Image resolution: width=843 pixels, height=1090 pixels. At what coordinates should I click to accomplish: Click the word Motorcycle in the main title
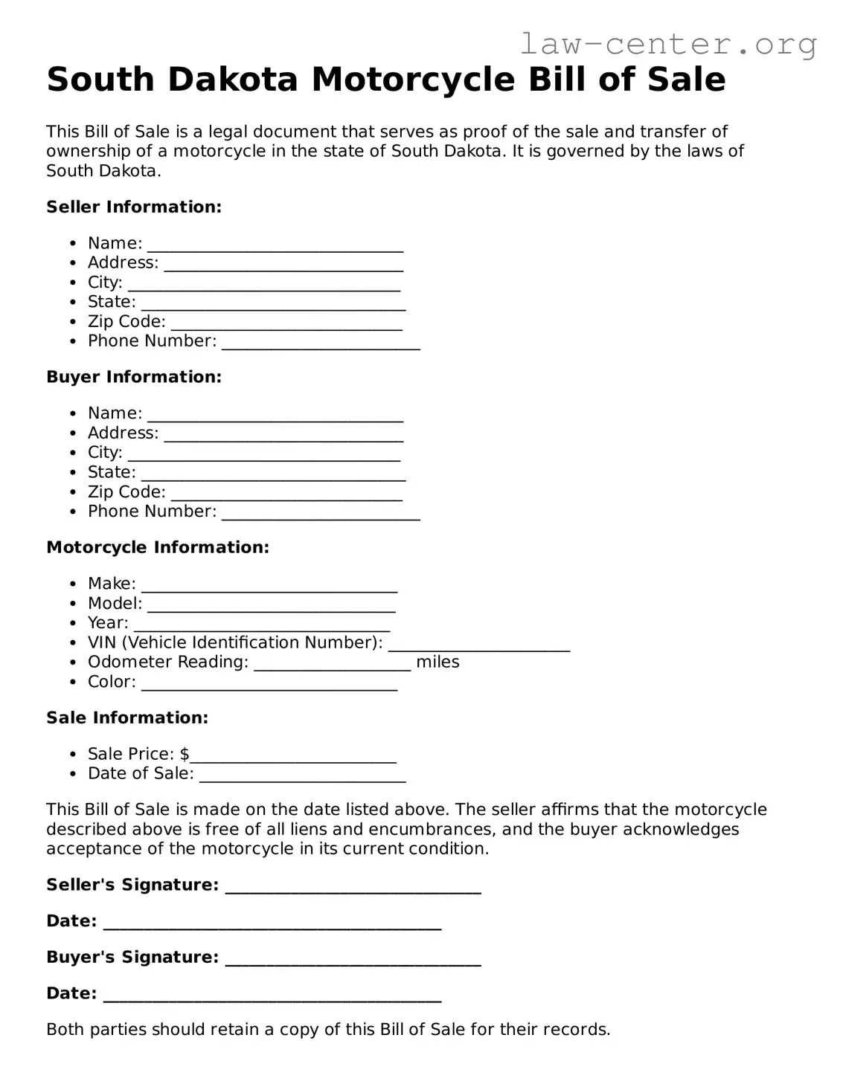(x=413, y=80)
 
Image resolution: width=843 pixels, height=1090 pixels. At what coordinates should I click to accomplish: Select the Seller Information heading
(x=134, y=207)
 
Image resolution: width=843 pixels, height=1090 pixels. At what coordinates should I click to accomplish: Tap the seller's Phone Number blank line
(x=321, y=344)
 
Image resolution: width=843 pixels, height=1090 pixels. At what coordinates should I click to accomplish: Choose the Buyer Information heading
(x=134, y=378)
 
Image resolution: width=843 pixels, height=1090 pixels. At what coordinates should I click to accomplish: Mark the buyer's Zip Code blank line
(x=286, y=495)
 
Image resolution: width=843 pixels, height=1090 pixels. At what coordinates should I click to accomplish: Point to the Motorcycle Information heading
(x=158, y=548)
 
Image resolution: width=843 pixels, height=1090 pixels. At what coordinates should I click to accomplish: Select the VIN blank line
(x=479, y=646)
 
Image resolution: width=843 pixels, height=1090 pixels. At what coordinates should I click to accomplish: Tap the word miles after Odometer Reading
(x=437, y=662)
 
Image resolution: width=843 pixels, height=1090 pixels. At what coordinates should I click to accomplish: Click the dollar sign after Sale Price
(x=185, y=755)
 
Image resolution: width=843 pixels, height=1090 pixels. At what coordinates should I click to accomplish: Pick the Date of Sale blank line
(x=303, y=777)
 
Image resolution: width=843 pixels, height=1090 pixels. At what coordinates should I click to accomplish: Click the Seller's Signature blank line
(x=353, y=888)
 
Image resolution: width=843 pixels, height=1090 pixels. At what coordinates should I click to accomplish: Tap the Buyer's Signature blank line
(x=353, y=961)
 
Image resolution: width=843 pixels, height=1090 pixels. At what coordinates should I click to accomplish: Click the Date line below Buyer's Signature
(x=272, y=997)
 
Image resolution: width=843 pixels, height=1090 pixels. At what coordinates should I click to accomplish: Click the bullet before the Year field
(x=72, y=623)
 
